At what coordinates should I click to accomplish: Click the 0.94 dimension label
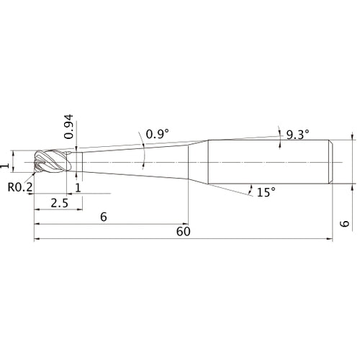click(x=68, y=127)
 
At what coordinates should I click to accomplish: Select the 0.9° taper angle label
click(x=158, y=134)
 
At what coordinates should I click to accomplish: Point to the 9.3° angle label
click(x=298, y=135)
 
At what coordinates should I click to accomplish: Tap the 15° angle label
click(x=266, y=192)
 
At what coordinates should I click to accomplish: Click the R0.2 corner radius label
click(x=20, y=187)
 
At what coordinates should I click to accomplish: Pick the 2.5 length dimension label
click(x=60, y=203)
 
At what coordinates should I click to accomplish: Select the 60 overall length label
click(x=184, y=232)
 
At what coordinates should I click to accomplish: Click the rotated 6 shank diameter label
click(x=345, y=224)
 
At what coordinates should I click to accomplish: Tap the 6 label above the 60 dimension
click(x=104, y=217)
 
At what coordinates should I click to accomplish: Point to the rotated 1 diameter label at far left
click(x=5, y=166)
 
